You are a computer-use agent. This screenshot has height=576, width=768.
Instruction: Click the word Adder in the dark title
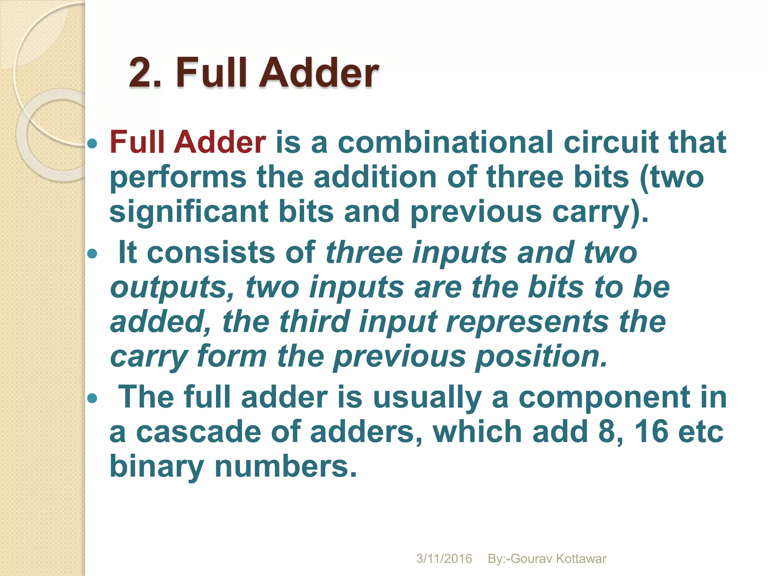pyautogui.click(x=319, y=72)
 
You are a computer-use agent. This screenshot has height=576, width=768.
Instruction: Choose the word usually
pyautogui.click(x=427, y=397)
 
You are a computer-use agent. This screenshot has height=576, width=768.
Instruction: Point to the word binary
pyautogui.click(x=157, y=467)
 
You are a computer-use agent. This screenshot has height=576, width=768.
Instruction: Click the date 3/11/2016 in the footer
pyautogui.click(x=444, y=559)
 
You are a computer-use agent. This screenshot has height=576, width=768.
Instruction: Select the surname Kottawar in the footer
pyautogui.click(x=581, y=559)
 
